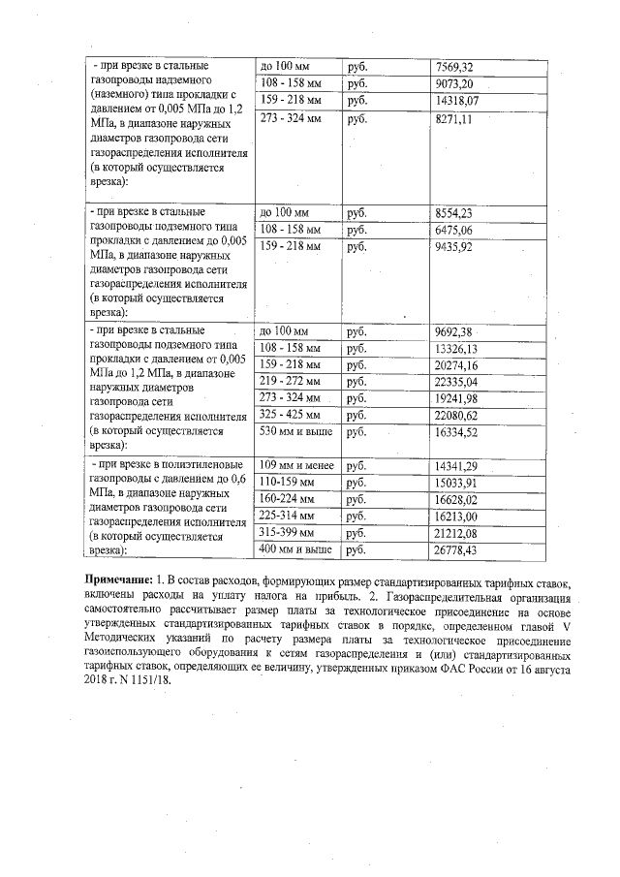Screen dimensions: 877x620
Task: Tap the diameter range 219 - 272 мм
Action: (290, 382)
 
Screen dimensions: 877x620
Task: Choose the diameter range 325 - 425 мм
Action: (290, 416)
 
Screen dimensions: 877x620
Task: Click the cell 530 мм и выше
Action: (294, 432)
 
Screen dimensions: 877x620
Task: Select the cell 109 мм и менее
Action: (296, 466)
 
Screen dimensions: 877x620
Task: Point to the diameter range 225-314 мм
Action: (287, 517)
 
